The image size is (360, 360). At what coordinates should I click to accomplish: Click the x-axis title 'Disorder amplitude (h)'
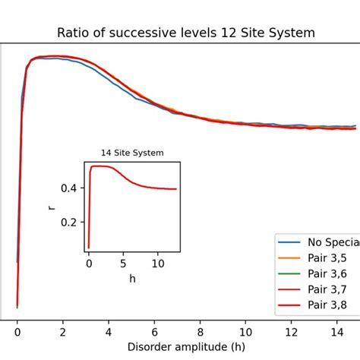point(186,347)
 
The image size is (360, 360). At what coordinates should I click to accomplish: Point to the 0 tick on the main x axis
point(17,331)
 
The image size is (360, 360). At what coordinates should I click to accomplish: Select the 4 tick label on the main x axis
point(109,331)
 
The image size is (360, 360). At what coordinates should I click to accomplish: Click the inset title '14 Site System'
point(132,153)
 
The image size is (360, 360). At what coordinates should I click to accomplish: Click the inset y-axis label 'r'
point(52,205)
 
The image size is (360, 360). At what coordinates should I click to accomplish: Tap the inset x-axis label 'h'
point(132,279)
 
